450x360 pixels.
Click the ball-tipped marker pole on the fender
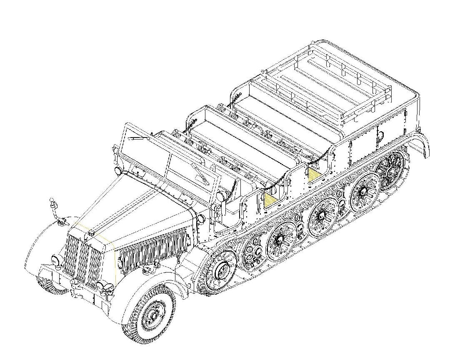(x=52, y=202)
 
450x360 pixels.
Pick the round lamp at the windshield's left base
(x=118, y=170)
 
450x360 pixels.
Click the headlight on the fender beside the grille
(x=55, y=261)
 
